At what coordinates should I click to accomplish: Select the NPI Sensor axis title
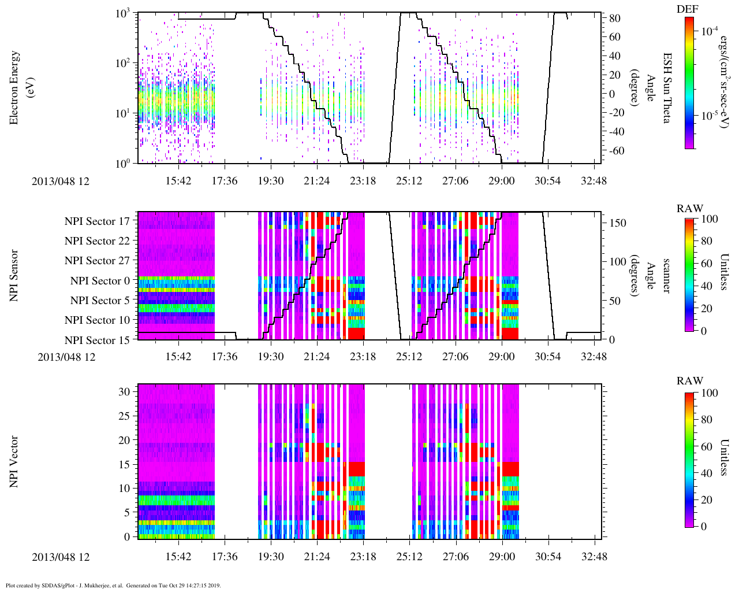(x=14, y=275)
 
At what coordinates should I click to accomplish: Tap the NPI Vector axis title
(x=14, y=462)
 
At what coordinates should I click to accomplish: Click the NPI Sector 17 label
(x=97, y=221)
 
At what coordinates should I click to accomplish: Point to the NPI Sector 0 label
(x=100, y=281)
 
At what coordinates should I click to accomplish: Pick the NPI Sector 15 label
(x=97, y=340)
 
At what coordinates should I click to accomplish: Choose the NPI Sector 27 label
(x=97, y=261)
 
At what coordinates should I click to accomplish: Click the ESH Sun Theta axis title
(x=667, y=88)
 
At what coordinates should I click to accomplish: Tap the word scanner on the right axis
(x=667, y=275)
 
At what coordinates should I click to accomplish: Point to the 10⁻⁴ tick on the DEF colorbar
(x=710, y=31)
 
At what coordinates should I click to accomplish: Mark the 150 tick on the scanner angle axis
(x=618, y=223)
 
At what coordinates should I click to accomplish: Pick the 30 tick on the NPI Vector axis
(x=125, y=391)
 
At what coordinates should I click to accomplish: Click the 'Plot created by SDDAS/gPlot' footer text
(x=113, y=585)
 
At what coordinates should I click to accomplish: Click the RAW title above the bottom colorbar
(x=690, y=381)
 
